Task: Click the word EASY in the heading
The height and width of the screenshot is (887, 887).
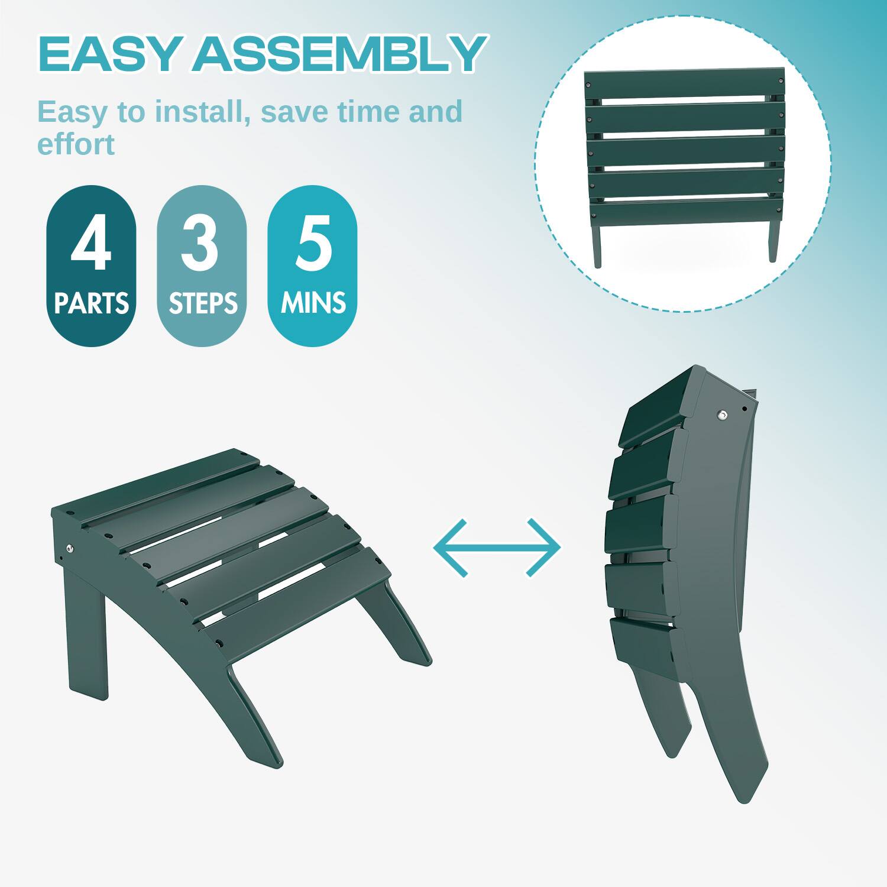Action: (x=109, y=54)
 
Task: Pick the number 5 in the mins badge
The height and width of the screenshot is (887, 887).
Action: (x=312, y=244)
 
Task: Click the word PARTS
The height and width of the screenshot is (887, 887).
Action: (x=91, y=303)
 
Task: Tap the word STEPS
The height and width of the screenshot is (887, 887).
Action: (x=202, y=303)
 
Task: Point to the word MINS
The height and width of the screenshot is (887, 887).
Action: (x=313, y=303)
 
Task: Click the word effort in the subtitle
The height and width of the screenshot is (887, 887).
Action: (x=76, y=144)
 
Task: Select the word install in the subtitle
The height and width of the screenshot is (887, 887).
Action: (x=199, y=112)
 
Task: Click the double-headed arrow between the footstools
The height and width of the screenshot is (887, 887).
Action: (x=497, y=548)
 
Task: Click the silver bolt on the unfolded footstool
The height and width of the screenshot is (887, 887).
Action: (x=70, y=549)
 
